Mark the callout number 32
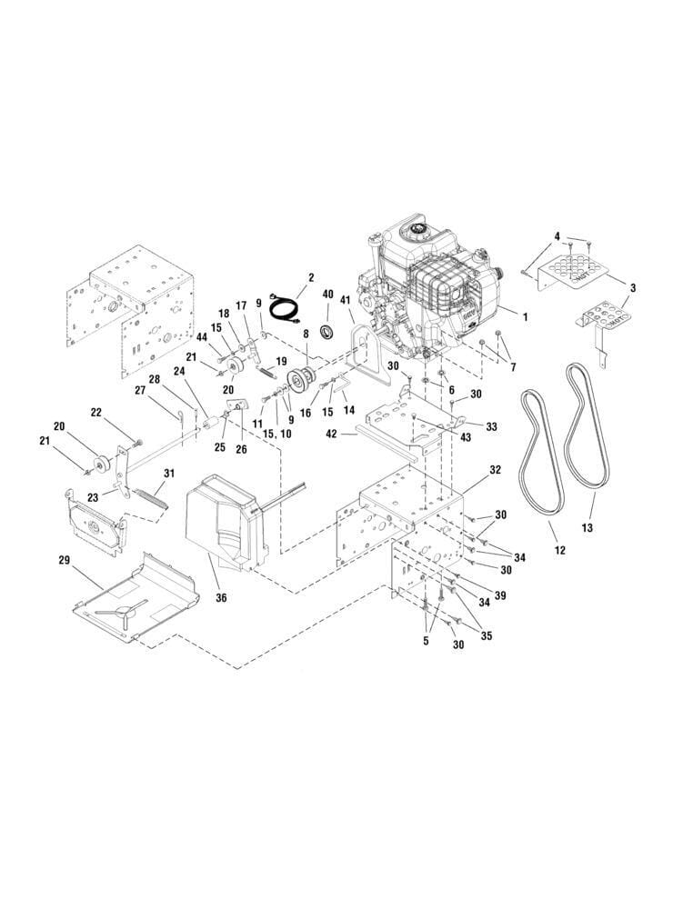click(x=495, y=470)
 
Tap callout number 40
click(x=327, y=293)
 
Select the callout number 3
click(x=633, y=288)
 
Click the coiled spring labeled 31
click(x=153, y=498)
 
